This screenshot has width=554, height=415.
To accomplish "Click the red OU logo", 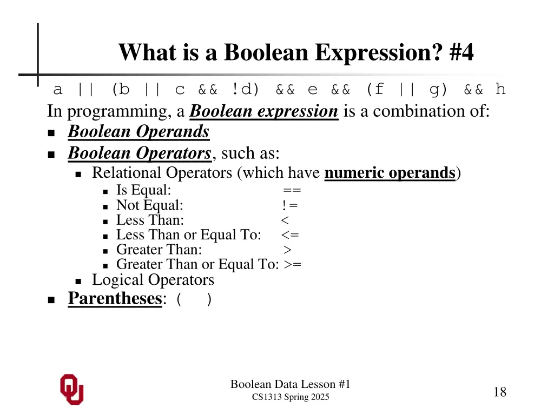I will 71,389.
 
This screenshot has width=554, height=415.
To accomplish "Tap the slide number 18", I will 500,392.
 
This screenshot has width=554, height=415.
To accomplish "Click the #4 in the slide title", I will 461,53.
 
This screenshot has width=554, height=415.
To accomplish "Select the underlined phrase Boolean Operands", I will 138,131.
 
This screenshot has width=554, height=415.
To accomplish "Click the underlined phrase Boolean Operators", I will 139,153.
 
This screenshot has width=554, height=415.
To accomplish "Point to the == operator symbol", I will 292,190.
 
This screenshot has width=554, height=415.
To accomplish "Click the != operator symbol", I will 289,205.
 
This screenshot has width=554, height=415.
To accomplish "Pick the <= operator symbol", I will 290,235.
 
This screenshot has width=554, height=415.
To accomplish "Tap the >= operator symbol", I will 293,264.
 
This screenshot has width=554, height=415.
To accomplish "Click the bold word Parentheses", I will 115,298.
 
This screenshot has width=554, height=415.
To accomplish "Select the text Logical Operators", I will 153,280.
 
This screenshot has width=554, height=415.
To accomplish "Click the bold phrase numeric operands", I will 390,173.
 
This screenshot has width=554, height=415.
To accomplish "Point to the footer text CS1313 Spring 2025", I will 291,397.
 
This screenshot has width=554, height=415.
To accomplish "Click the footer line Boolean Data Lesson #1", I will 291,384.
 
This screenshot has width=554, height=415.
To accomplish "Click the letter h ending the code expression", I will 500,89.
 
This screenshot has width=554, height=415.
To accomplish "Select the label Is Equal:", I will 143,190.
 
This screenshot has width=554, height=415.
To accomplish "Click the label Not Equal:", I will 149,205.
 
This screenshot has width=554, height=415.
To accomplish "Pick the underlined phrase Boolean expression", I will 264,111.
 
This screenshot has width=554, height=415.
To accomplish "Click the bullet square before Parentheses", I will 51,299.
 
